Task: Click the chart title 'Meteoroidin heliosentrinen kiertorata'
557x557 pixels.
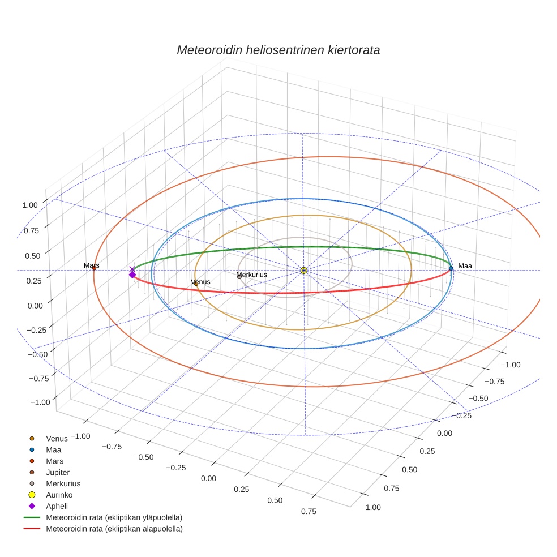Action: click(x=278, y=50)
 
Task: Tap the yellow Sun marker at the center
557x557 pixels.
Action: click(x=304, y=271)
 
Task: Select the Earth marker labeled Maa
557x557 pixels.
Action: click(x=451, y=268)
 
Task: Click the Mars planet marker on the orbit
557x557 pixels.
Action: click(x=94, y=268)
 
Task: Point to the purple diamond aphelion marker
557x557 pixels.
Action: click(x=132, y=275)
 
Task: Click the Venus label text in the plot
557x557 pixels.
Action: click(x=201, y=282)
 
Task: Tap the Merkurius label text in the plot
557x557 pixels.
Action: click(x=252, y=275)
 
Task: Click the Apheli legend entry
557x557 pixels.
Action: click(x=57, y=506)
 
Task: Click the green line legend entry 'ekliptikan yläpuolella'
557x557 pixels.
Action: click(x=114, y=517)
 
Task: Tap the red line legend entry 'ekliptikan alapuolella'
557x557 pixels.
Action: click(x=114, y=529)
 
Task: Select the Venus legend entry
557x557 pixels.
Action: click(x=57, y=438)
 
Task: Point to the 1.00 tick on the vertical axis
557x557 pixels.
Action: click(x=30, y=205)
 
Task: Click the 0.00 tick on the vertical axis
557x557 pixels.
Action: click(x=35, y=305)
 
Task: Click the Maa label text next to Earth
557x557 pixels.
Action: click(x=465, y=266)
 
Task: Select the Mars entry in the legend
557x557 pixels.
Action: click(x=55, y=461)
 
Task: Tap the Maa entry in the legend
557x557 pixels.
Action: click(x=54, y=449)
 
